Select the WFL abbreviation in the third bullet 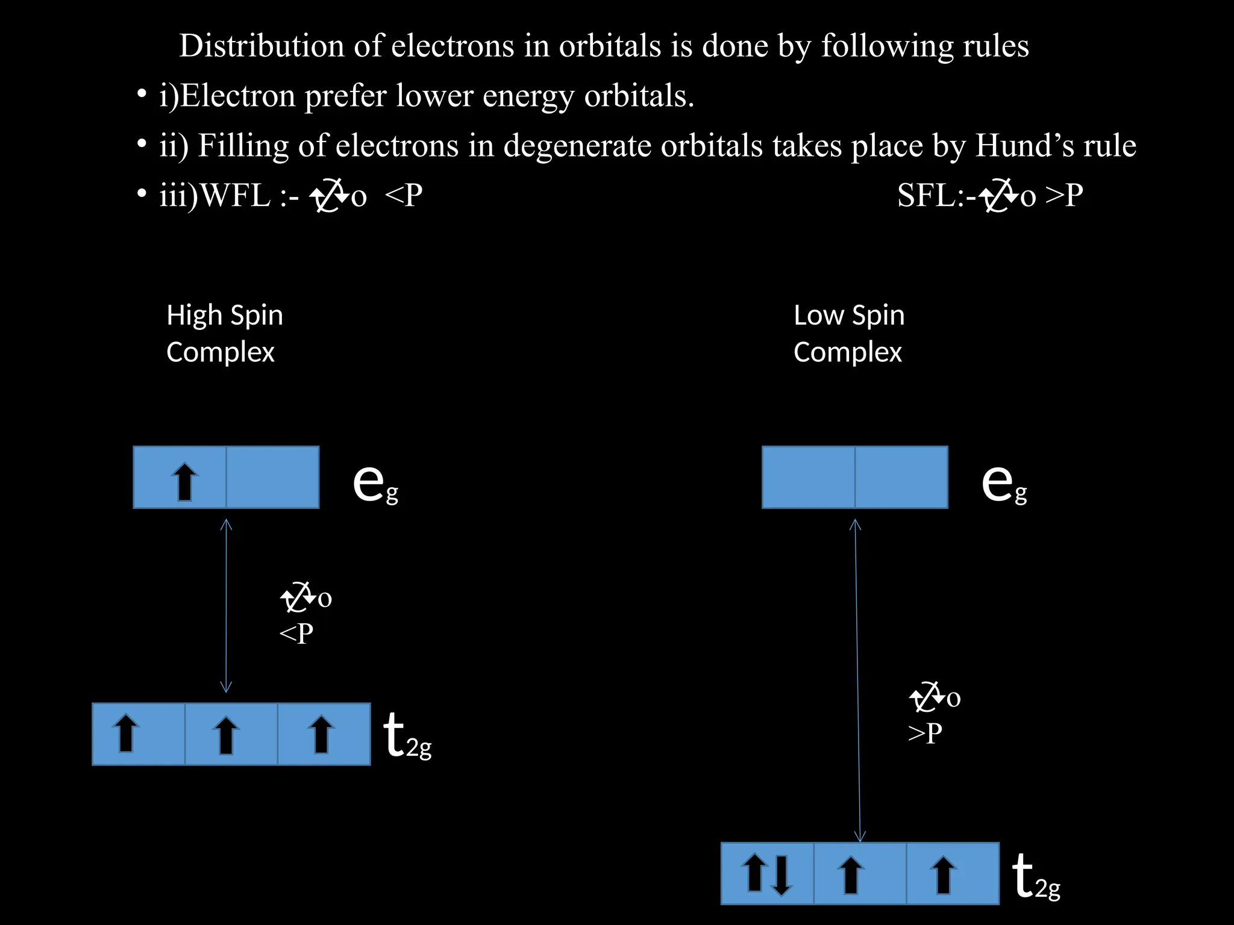235,196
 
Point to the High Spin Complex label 224,333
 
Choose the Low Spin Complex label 848,333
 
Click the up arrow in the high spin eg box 184,481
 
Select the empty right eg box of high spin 272,478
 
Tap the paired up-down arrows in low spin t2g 767,874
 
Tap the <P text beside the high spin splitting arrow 296,634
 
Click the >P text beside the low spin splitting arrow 925,733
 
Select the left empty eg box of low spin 808,478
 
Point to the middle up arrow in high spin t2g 226,734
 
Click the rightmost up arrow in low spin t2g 943,874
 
